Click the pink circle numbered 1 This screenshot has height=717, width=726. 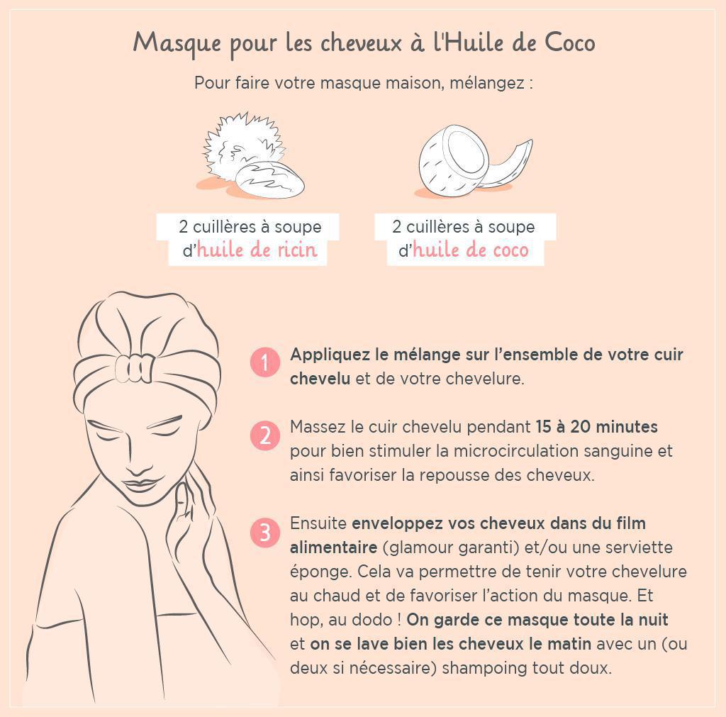coord(265,362)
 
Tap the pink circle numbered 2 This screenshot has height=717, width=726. coord(265,434)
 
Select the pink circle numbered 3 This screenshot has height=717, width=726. coord(265,532)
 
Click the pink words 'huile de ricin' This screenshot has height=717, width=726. coord(257,250)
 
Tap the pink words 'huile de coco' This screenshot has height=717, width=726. coord(470,250)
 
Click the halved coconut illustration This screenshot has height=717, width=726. coord(450,160)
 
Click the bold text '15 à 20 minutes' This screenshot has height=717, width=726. coord(596,427)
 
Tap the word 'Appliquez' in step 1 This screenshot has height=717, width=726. coord(327,355)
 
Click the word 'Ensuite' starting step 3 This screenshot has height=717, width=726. coord(318,523)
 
